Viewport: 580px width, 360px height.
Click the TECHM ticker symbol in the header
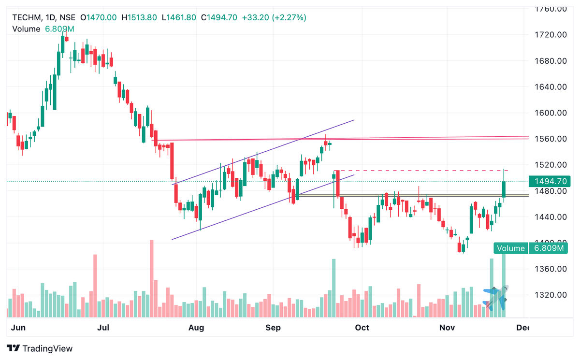tap(26, 17)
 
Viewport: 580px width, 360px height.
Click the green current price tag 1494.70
tap(551, 182)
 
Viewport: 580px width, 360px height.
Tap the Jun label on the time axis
tap(18, 328)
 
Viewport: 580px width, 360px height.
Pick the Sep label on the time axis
tap(273, 328)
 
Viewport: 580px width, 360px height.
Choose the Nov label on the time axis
tap(447, 328)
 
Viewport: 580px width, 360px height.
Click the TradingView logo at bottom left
tap(40, 348)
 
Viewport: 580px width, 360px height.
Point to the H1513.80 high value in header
tap(139, 17)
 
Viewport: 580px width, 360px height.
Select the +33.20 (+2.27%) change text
tap(274, 17)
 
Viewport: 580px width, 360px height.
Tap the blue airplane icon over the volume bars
tap(496, 298)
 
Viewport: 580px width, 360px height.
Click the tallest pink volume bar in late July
tap(152, 278)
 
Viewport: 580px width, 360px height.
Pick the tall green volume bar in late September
tap(333, 288)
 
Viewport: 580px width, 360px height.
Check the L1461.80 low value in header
tap(179, 17)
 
